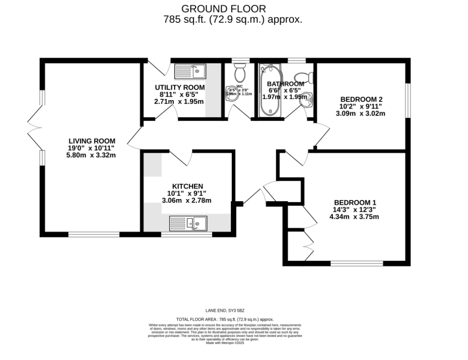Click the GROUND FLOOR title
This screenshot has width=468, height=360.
pyautogui.click(x=223, y=8)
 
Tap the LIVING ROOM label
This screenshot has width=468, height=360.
pyautogui.click(x=92, y=141)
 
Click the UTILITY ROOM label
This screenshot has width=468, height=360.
pyautogui.click(x=180, y=87)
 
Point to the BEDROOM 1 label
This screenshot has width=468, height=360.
pyautogui.click(x=355, y=203)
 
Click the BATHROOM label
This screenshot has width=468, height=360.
pyautogui.click(x=285, y=84)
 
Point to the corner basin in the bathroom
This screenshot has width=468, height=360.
pyautogui.click(x=308, y=98)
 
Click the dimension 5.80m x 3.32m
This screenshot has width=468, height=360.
pyautogui.click(x=91, y=155)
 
